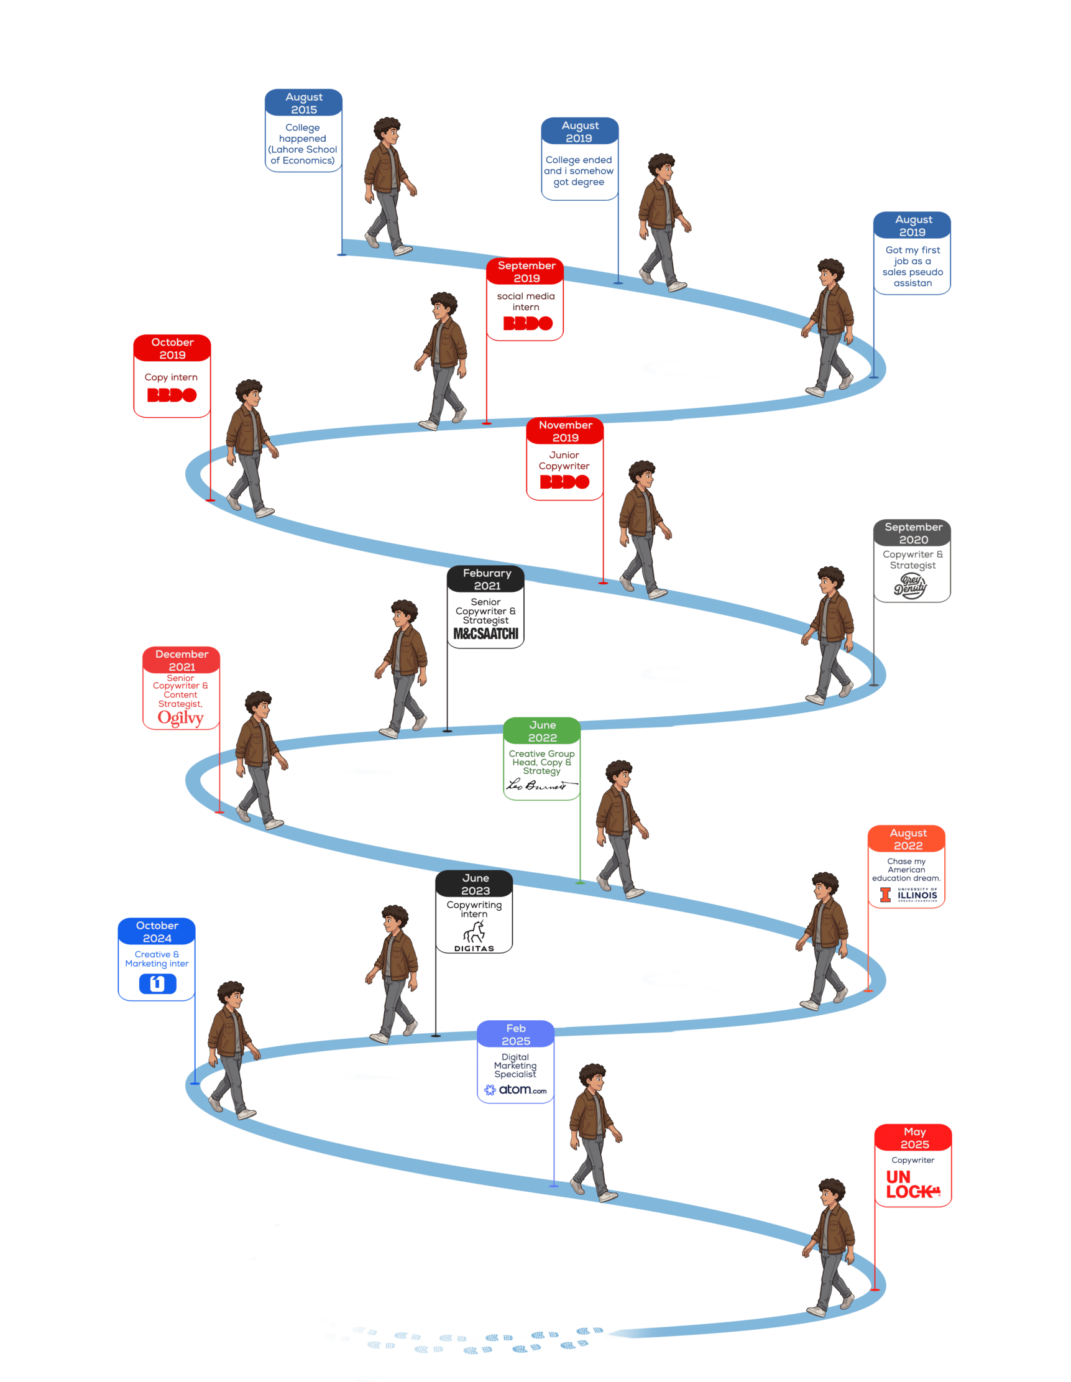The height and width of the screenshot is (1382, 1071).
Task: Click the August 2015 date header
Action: (x=304, y=103)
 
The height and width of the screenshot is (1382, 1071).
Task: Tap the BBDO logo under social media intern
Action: (x=528, y=323)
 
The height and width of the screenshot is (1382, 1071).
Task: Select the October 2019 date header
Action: (x=172, y=348)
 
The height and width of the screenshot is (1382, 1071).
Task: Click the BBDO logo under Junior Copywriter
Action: (x=564, y=482)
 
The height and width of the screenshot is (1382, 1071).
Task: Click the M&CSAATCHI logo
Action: (x=486, y=633)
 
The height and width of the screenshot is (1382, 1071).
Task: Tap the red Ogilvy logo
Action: (x=181, y=718)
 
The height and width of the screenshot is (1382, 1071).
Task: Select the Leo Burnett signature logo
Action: (x=541, y=785)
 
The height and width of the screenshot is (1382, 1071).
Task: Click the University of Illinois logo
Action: (x=908, y=894)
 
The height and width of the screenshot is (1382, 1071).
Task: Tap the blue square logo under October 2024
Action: (x=157, y=984)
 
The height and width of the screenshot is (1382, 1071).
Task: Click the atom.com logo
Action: (x=515, y=1090)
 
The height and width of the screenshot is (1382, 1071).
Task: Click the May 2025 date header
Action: (x=914, y=1138)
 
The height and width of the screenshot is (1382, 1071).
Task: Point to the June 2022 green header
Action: (x=542, y=731)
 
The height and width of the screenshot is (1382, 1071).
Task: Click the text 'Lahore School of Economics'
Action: (x=303, y=155)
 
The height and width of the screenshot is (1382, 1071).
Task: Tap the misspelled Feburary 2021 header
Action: (x=486, y=579)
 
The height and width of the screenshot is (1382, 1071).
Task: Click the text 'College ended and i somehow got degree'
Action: (x=579, y=171)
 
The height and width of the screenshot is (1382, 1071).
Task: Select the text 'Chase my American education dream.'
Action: (x=906, y=870)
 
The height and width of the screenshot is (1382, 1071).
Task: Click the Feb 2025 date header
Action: (x=515, y=1034)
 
